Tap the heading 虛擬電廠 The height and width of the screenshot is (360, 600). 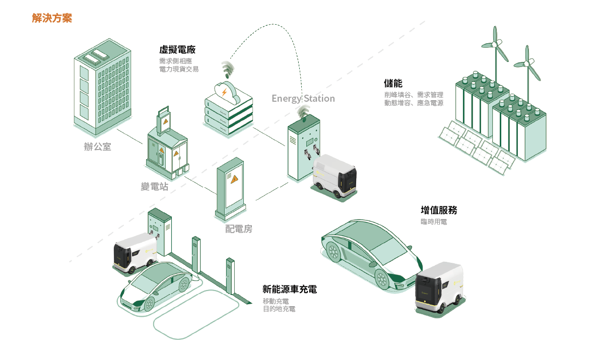177,50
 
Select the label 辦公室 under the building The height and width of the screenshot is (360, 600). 97,147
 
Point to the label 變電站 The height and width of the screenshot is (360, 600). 155,187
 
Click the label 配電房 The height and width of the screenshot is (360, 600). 238,229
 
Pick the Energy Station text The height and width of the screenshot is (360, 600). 303,98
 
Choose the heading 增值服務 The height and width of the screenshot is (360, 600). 439,210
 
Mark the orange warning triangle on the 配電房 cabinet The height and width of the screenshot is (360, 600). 234,178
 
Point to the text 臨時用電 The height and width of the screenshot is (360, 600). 433,222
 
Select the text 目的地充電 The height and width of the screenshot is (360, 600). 279,309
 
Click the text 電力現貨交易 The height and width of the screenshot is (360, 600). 178,69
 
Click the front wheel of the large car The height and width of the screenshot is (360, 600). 381,278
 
